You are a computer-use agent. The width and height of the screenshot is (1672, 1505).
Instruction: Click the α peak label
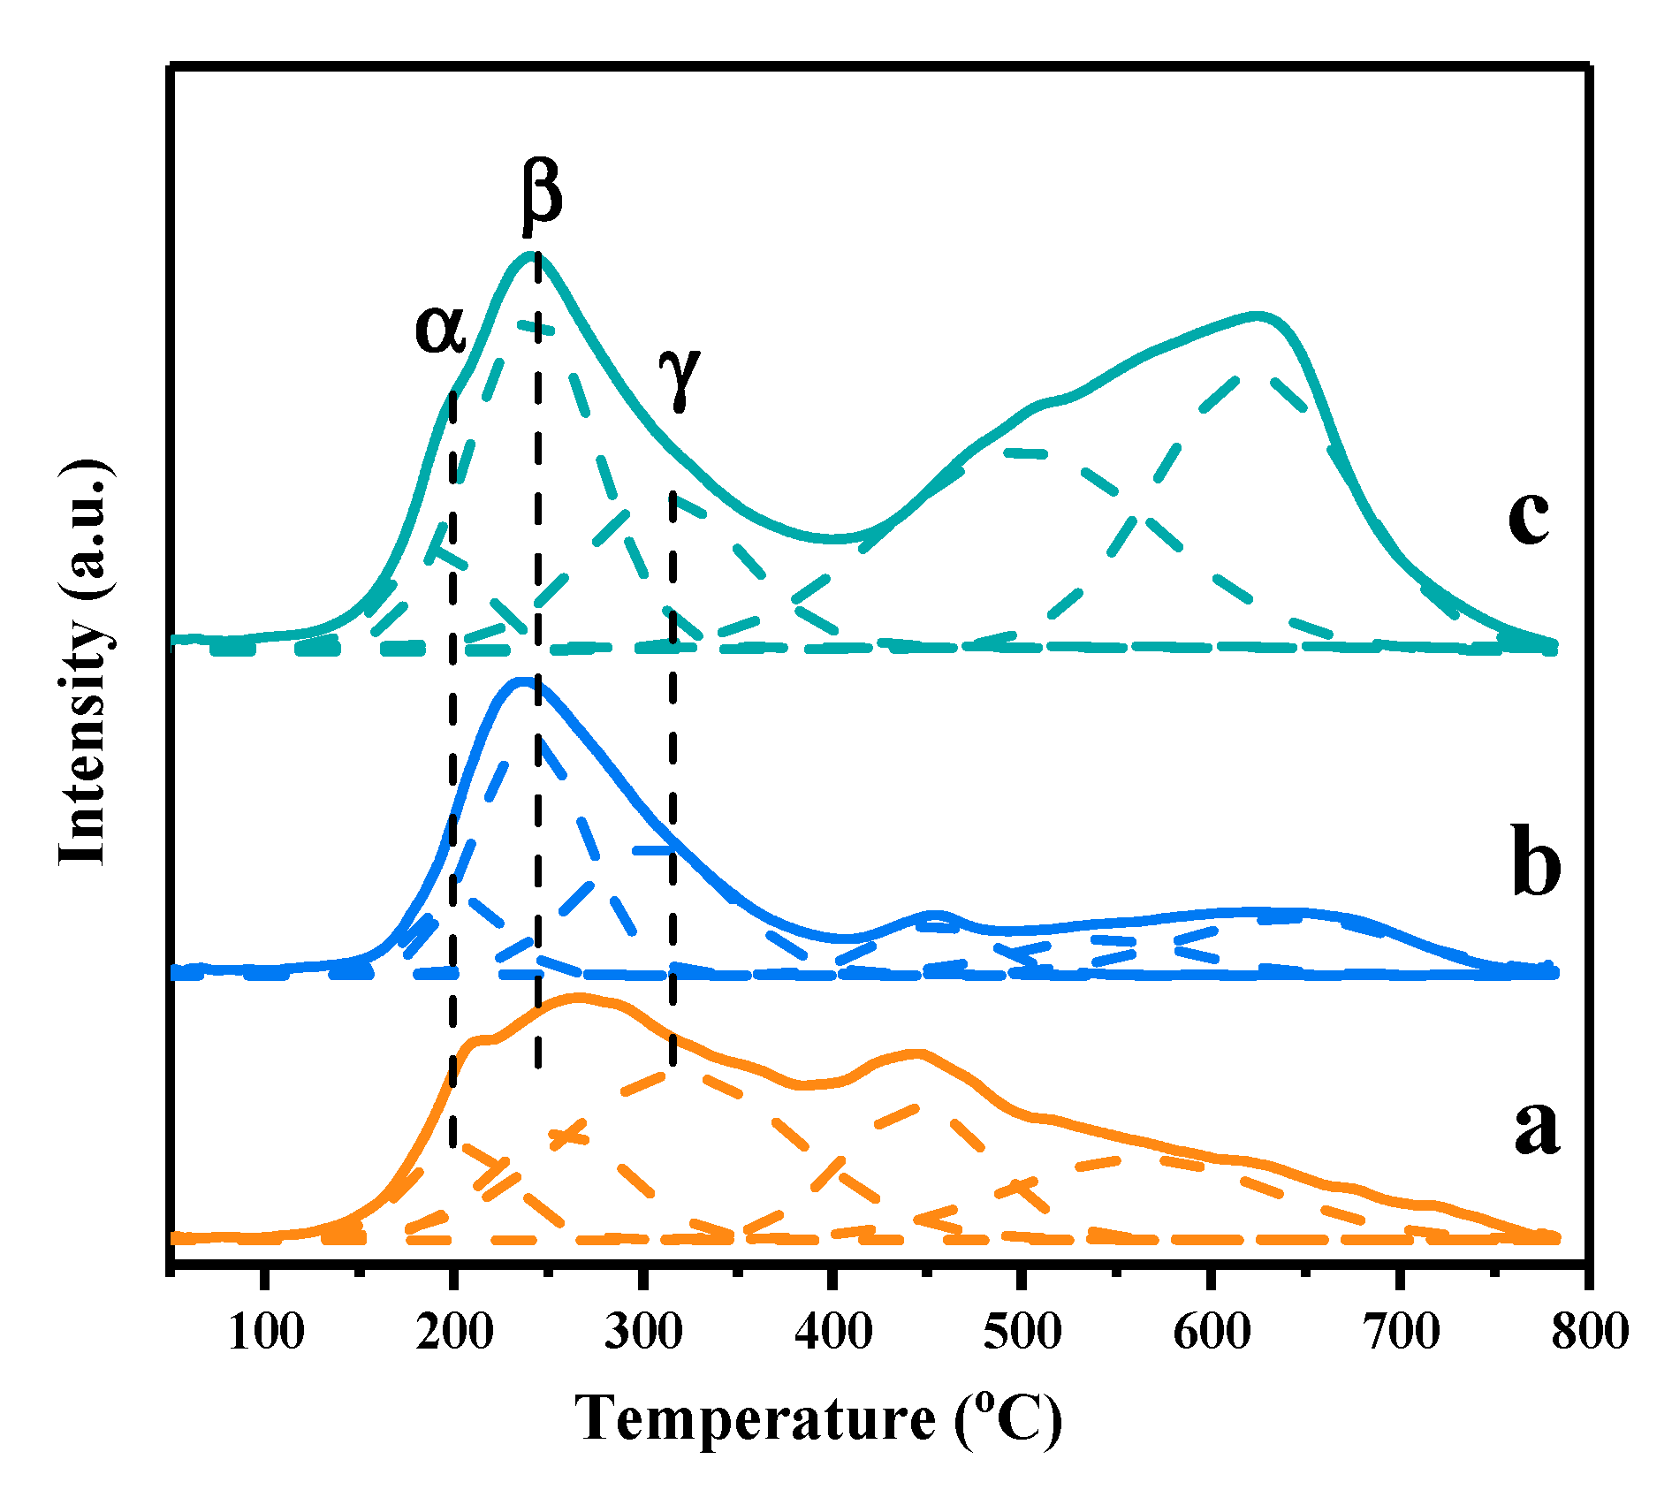pos(440,330)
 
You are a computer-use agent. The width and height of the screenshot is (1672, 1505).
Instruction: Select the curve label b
pos(1536,861)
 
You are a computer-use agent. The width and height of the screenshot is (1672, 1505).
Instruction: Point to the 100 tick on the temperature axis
pos(265,1331)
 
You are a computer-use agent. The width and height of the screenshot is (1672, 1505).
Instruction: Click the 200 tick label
pos(454,1331)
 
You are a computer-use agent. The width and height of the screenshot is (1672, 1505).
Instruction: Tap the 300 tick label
pos(643,1331)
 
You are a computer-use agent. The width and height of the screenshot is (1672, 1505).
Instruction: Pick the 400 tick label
pos(832,1331)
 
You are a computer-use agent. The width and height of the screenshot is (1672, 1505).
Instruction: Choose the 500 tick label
pos(1022,1331)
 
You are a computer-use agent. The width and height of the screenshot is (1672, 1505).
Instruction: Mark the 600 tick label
pos(1212,1331)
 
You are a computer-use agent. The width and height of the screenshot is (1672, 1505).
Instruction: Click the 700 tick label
pos(1402,1331)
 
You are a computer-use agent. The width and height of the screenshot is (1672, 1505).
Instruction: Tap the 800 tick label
pos(1589,1331)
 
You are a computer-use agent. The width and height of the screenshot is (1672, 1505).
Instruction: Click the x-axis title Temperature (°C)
pos(818,1419)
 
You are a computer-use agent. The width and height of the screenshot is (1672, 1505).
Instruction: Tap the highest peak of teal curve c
pos(534,255)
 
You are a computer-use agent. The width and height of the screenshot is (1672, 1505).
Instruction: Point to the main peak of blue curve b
pos(525,680)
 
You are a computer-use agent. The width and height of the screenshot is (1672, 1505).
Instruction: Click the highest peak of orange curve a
pos(579,997)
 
